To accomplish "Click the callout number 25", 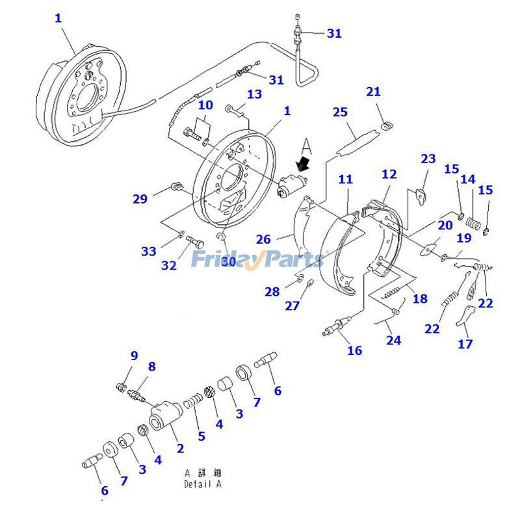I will pos(341,112).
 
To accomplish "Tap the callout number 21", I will pos(373,92).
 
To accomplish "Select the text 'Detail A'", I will pos(203,484).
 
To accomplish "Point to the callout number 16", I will pos(354,350).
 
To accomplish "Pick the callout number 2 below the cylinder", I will pos(180,448).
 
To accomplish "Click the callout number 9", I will pos(134,356).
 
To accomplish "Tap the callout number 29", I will pos(140,199).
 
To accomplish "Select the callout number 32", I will pos(169,265).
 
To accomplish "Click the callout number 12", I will pos(389,174).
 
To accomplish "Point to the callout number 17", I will pos(465,344).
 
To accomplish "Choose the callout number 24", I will pos(393,339).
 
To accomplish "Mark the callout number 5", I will pos(201,436).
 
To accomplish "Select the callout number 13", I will pos(253,94).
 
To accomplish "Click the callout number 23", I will pos(428,159).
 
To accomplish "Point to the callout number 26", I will pos(263,239).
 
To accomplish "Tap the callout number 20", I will pos(445,225).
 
